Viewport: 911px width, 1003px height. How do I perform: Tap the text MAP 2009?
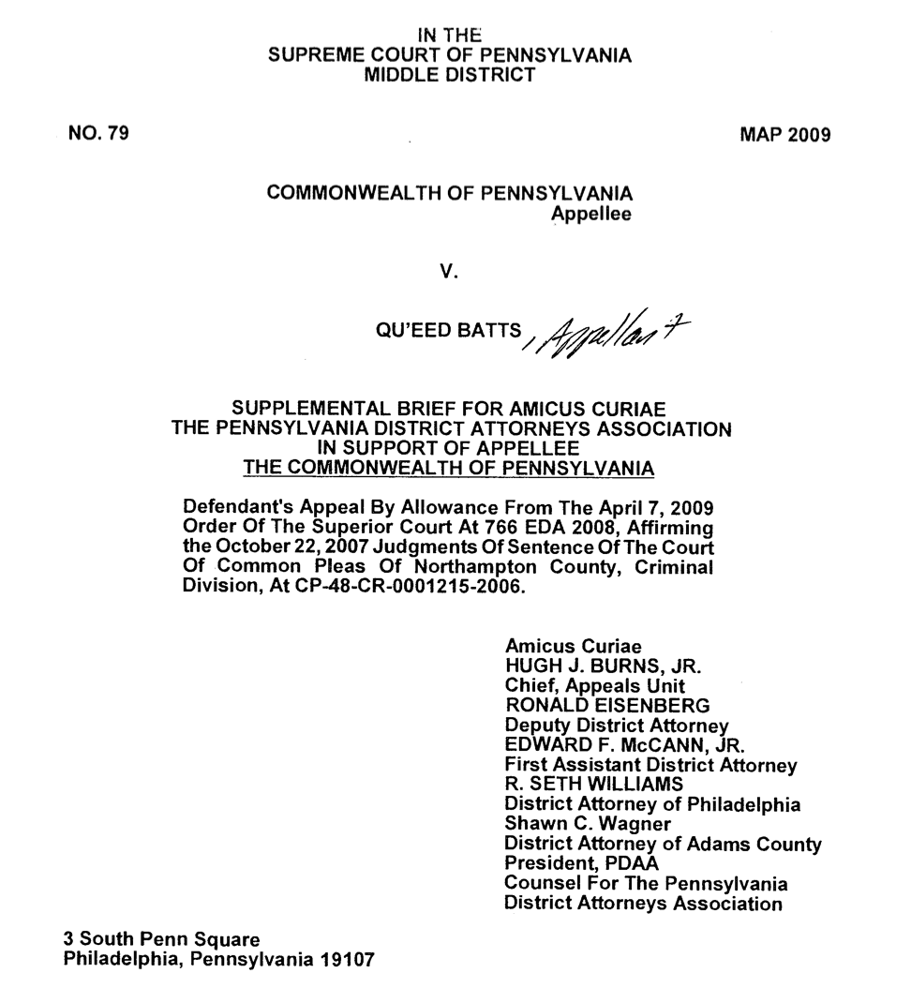tap(785, 135)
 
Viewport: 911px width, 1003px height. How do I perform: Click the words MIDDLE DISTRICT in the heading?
tap(449, 74)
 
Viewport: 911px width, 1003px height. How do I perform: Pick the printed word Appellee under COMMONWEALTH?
tap(590, 214)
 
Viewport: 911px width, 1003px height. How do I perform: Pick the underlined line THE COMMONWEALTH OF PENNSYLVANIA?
tap(449, 466)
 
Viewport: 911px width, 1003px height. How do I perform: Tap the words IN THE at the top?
tap(449, 36)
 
